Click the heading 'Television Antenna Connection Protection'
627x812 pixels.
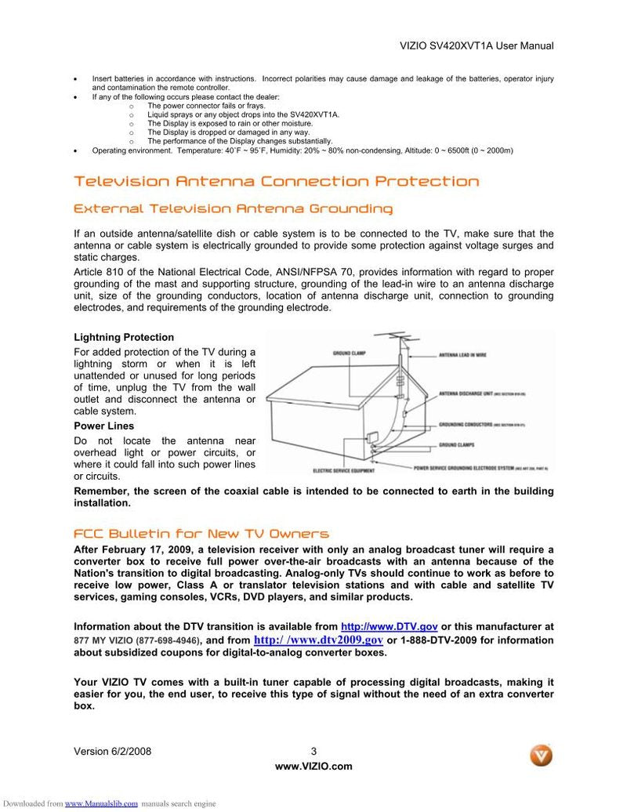pos(276,182)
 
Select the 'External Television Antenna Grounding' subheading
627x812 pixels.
pos(233,209)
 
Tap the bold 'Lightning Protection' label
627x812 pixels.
pos(124,338)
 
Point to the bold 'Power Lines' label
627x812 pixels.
pos(103,426)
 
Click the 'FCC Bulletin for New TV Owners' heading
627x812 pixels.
pos(201,534)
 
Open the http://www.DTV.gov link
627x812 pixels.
pos(390,627)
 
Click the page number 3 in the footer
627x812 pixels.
pos(313,752)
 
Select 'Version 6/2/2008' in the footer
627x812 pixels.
pos(112,752)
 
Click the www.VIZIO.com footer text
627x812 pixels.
pos(313,767)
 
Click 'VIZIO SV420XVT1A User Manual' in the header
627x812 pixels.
pos(477,46)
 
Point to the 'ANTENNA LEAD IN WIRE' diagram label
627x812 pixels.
pos(462,355)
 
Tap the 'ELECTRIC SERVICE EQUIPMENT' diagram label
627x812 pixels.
pos(343,471)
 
